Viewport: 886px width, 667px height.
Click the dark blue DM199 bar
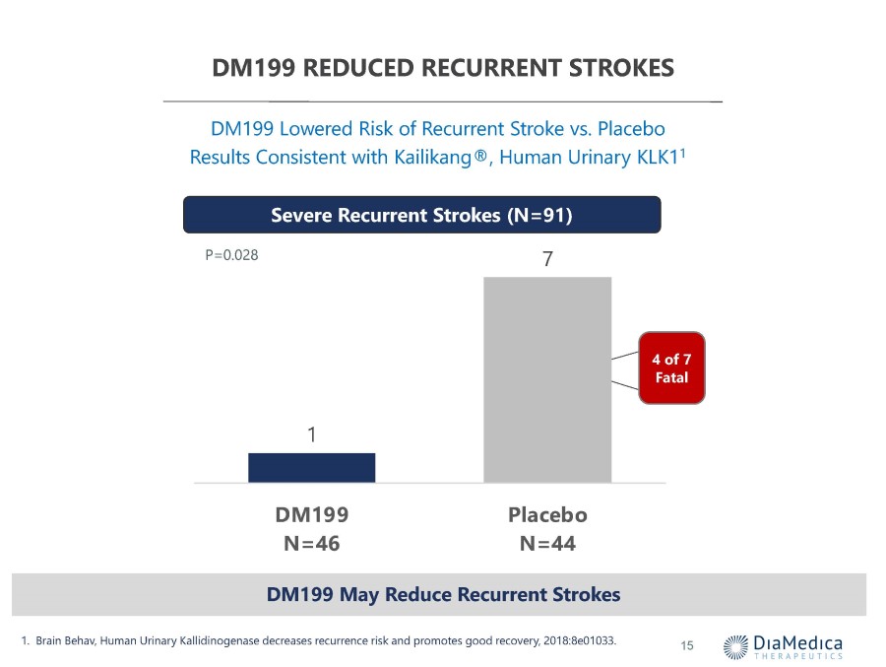click(311, 467)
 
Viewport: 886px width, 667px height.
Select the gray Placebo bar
click(547, 379)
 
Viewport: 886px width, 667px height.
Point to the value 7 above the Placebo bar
click(547, 258)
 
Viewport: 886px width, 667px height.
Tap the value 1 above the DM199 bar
click(312, 434)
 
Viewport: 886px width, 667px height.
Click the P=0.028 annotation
click(231, 255)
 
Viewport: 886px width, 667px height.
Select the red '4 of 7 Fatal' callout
click(671, 367)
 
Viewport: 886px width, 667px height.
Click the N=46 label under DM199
click(312, 544)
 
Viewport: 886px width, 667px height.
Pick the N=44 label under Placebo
click(547, 544)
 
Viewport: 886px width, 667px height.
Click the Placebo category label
click(547, 515)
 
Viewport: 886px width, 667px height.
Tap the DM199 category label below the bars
click(312, 515)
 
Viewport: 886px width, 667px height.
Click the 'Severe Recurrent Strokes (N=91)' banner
click(422, 215)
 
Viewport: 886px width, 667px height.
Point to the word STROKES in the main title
click(621, 68)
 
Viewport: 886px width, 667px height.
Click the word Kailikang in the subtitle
click(433, 158)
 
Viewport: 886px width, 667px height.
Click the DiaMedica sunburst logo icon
click(735, 646)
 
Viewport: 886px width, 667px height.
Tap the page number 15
click(687, 645)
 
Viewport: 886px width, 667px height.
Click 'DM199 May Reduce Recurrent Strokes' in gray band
click(444, 595)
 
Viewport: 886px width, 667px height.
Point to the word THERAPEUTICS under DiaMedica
click(798, 656)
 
